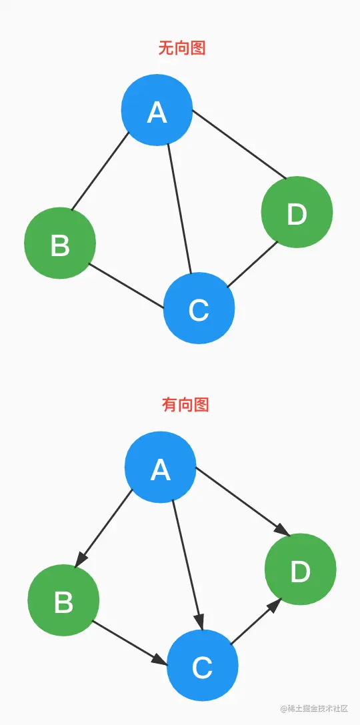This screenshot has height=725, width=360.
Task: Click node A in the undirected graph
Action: [157, 110]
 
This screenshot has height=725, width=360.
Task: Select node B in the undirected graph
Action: [60, 243]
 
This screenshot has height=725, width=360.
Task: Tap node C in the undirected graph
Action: [199, 309]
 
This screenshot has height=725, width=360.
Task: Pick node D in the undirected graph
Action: [296, 213]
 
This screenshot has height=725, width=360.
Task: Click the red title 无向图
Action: [181, 48]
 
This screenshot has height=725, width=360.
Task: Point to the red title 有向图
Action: [185, 404]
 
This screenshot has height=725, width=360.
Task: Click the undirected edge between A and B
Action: [100, 171]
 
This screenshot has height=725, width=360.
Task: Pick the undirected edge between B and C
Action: [126, 287]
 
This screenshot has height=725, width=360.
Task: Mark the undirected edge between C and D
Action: [252, 265]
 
